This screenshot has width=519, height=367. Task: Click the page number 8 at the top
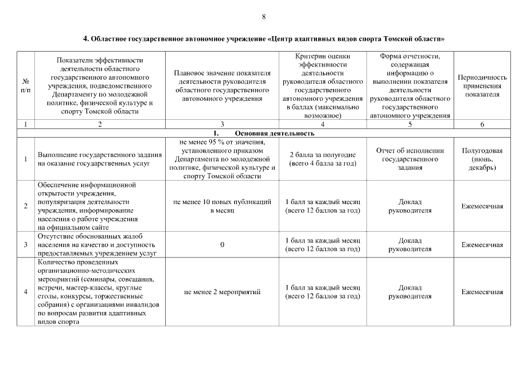click(263, 17)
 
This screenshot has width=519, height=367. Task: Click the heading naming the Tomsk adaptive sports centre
click(264, 39)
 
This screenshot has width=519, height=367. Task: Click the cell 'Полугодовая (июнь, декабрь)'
click(482, 159)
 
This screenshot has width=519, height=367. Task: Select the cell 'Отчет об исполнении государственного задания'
click(409, 159)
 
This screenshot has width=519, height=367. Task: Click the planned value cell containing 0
click(222, 245)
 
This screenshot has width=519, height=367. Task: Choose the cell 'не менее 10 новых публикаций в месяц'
click(222, 206)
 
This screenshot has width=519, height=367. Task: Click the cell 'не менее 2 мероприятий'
click(222, 292)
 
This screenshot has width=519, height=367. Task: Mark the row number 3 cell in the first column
click(26, 245)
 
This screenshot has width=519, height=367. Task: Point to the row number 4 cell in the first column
click(26, 292)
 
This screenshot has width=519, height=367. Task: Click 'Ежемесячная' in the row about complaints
click(482, 245)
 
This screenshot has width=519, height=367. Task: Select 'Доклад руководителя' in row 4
click(409, 292)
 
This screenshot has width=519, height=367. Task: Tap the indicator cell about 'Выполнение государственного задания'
click(99, 159)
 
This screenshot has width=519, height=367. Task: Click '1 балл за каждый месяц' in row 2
click(322, 206)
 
